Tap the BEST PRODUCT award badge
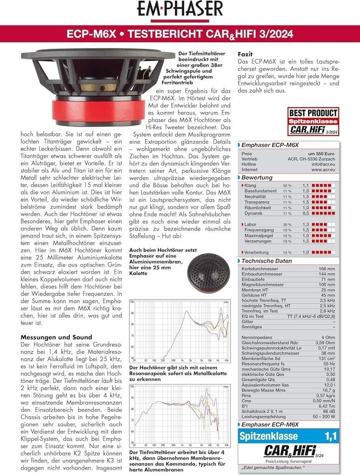[x=313, y=121]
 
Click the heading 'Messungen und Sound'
[x=57, y=337]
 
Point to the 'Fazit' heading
[x=245, y=54]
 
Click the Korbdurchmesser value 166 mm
[x=327, y=269]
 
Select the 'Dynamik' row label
[x=253, y=213]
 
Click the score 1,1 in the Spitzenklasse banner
[x=330, y=436]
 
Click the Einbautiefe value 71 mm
[x=328, y=280]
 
